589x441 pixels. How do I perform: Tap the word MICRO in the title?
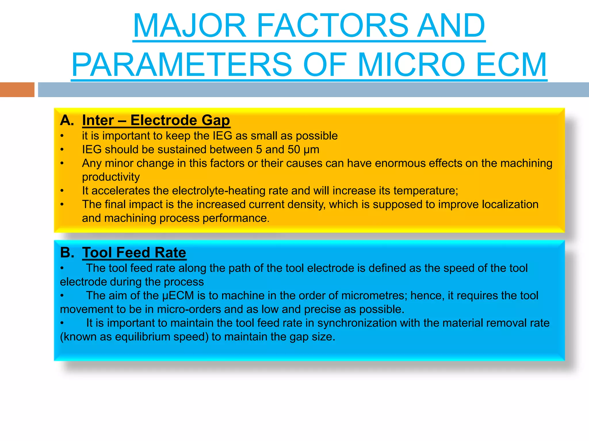[411, 65]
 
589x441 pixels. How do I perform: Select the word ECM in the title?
[511, 65]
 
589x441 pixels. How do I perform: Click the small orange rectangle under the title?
[17, 90]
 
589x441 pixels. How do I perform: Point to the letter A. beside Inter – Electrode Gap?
[67, 120]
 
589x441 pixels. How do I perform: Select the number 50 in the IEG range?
[294, 150]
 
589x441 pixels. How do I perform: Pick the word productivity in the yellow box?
[111, 177]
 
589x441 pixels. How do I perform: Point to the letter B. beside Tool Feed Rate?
[67, 253]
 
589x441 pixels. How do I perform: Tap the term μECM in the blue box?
[178, 296]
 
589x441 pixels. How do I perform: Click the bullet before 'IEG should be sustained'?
[62, 150]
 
